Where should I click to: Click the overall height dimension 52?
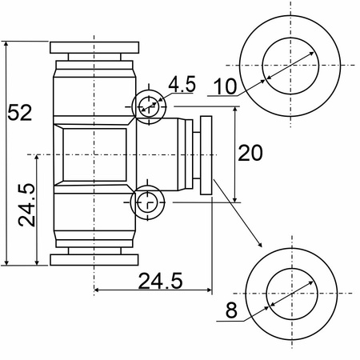[19, 112]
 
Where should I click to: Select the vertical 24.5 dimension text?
[26, 205]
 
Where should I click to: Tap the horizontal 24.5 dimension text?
[161, 281]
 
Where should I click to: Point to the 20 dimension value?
[250, 153]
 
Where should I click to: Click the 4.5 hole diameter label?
[182, 84]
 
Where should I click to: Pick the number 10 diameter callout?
[225, 86]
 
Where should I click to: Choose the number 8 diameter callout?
[231, 310]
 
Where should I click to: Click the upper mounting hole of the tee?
[149, 106]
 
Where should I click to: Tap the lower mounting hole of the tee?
[147, 202]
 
